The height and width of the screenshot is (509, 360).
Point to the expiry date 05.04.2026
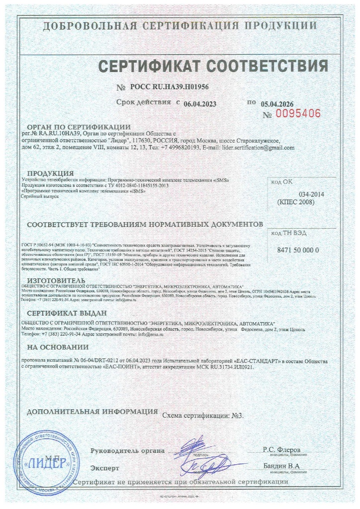click(277, 104)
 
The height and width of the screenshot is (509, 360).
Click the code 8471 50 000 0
click(297, 250)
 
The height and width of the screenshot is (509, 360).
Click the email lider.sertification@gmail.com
click(258, 148)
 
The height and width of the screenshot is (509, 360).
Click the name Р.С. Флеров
click(282, 449)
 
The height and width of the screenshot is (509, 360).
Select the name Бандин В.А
click(282, 466)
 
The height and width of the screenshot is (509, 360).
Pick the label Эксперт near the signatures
click(105, 468)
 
